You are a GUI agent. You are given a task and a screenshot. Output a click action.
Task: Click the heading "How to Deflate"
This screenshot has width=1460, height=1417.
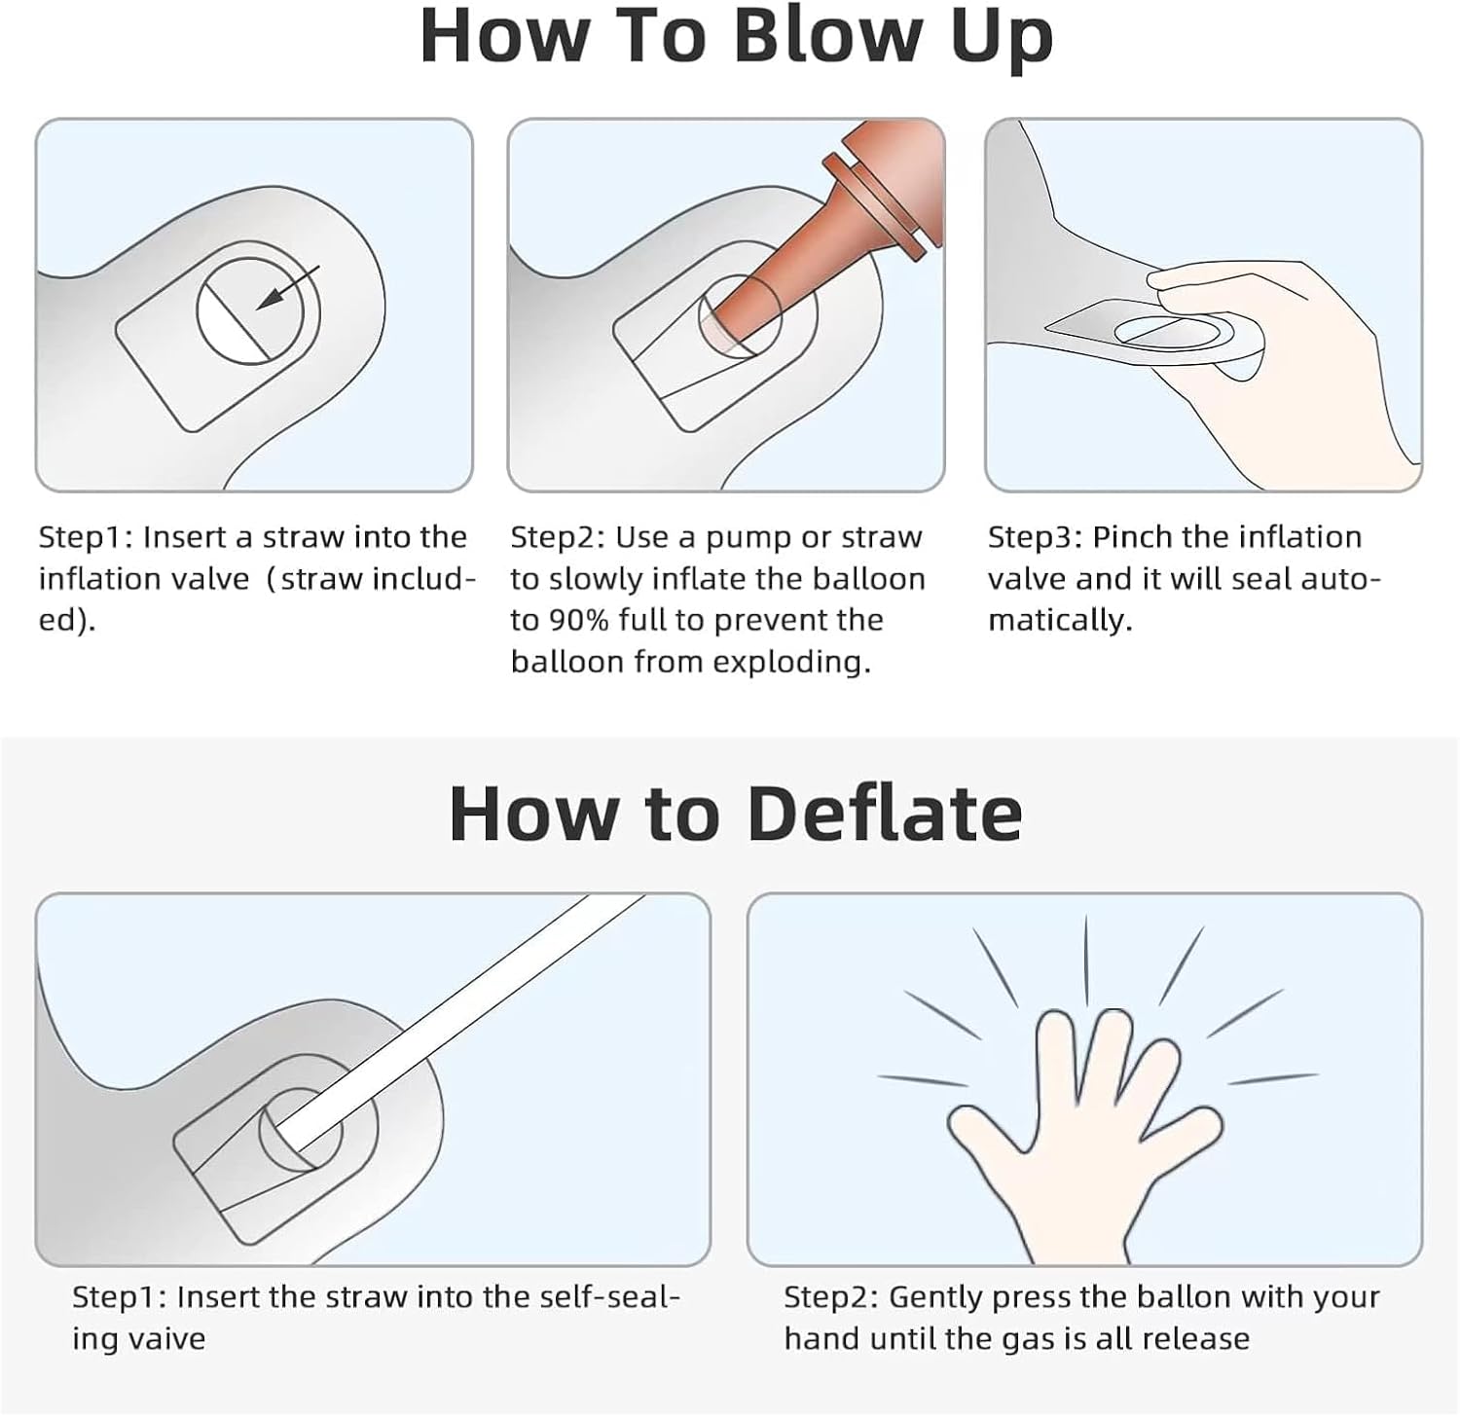point(736,814)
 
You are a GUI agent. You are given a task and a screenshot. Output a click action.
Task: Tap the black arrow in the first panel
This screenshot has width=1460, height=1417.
point(287,288)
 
